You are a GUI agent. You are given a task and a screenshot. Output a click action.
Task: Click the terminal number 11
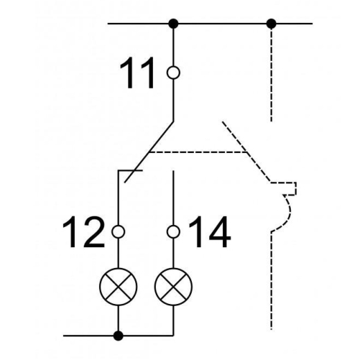coord(137,73)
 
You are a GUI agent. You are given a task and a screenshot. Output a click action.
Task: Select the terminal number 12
coord(84,232)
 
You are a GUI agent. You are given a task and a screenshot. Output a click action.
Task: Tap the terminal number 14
coord(210,232)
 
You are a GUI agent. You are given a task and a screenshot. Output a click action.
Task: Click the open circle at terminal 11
coord(173,73)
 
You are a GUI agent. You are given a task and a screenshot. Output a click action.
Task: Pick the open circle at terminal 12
coord(118,232)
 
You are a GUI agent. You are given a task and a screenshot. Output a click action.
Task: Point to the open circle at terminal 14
coord(173,232)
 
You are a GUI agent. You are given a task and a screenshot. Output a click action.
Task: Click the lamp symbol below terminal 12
coord(118,287)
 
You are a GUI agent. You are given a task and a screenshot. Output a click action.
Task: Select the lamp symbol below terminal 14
coord(173,287)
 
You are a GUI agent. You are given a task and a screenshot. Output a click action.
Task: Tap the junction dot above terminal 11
coord(173,24)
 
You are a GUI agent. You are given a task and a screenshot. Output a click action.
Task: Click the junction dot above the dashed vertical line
coord(271,24)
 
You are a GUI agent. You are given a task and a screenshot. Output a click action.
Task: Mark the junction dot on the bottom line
coord(118,336)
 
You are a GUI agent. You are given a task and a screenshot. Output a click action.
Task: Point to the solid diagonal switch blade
coord(149,152)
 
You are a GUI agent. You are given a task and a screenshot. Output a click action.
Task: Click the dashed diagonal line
coord(246,152)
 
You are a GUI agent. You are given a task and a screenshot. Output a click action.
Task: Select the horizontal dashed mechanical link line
coord(198,152)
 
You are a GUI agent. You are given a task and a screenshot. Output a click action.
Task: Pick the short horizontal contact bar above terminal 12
coord(130,170)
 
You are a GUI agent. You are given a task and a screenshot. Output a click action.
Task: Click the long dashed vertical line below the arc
coord(271,280)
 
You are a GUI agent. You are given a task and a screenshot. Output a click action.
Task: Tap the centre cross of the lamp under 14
coord(173,287)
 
